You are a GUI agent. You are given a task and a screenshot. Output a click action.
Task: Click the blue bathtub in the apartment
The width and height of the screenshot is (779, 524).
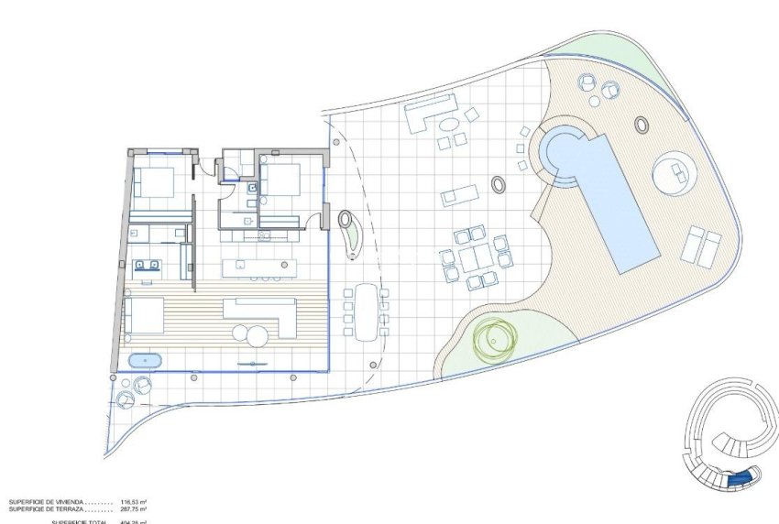point(145,361)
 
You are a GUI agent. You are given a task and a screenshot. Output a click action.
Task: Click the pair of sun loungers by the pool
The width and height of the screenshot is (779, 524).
point(701,245)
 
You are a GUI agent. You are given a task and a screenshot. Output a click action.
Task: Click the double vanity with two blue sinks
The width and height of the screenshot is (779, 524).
point(148,266)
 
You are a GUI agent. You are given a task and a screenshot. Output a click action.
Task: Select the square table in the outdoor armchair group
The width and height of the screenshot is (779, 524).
point(475,257)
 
